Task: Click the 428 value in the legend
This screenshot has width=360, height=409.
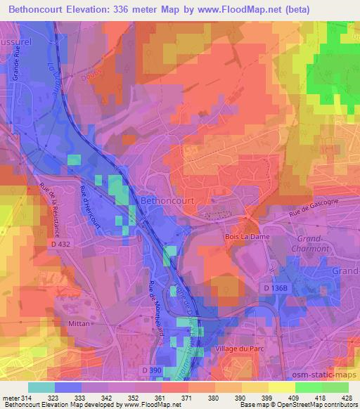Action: (346, 398)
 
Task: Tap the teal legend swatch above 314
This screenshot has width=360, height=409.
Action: (41, 387)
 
